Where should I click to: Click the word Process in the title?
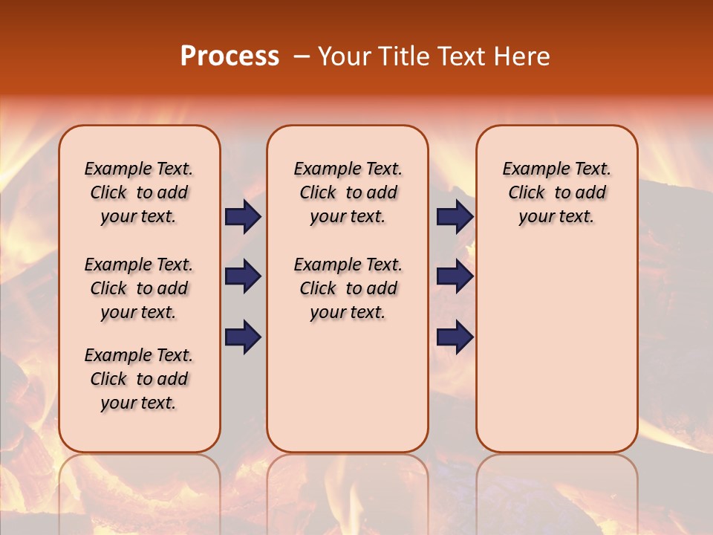tap(229, 56)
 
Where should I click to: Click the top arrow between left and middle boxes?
tap(243, 216)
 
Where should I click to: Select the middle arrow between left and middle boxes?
tap(243, 276)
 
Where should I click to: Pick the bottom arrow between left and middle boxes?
tap(243, 337)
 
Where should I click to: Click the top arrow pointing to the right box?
tap(455, 216)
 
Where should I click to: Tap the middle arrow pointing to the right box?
tap(455, 276)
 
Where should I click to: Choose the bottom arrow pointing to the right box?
tap(455, 337)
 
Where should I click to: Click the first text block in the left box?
tap(139, 192)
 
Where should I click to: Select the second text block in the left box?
tap(139, 288)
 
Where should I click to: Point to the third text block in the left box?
tap(139, 379)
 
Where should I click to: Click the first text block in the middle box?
tap(348, 192)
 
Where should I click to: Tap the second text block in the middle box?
tap(348, 288)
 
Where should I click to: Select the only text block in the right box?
tap(556, 192)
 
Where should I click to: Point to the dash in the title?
tap(302, 56)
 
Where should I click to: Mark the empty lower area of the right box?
tap(556, 349)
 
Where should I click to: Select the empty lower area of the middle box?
tap(348, 386)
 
